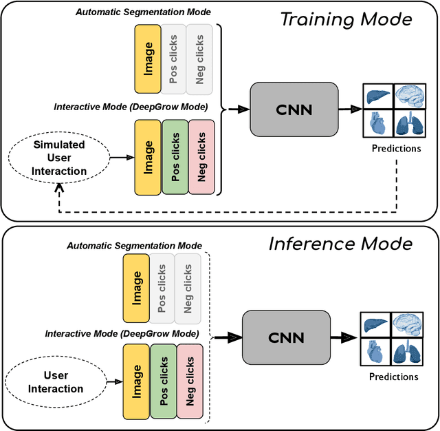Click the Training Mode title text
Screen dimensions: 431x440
pos(346,19)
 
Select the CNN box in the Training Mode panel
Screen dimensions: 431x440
pos(295,109)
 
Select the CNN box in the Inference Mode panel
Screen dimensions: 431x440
pos(285,338)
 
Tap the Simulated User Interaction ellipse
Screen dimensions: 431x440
pos(59,158)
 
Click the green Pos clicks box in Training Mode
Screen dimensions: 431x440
pos(175,156)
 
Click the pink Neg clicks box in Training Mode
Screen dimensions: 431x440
pos(201,157)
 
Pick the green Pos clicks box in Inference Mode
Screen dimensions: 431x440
pos(162,380)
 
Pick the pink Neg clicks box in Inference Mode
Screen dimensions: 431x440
pos(190,380)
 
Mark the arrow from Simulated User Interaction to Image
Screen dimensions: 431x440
pos(122,158)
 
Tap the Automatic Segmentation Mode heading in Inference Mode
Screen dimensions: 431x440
pos(134,246)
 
